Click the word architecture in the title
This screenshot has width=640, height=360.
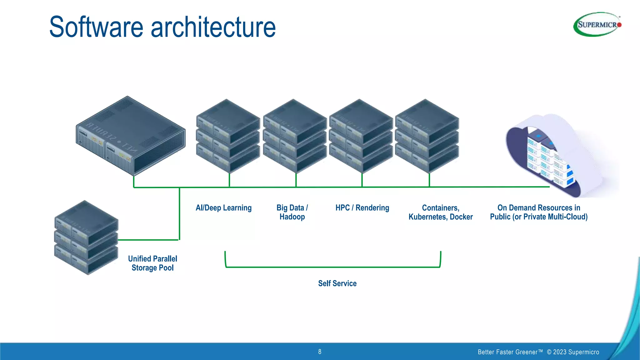coord(213,27)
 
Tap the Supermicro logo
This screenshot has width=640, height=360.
coord(597,24)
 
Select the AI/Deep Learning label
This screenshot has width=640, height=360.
coord(223,208)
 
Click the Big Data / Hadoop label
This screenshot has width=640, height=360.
coord(292,212)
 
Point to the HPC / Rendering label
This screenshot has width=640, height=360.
coord(362,208)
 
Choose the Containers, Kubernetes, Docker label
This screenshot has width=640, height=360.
coord(440,212)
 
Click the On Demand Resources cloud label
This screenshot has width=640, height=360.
coord(539,212)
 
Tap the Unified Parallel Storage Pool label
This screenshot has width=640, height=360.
coord(152,263)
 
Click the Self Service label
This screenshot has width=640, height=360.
coord(337,283)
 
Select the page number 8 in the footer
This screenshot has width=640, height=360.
coord(320,352)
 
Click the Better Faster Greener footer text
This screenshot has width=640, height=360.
coord(510,352)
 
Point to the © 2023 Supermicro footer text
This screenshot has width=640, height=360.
coord(573,352)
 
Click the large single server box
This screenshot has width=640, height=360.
coord(131,136)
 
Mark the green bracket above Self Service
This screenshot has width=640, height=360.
coord(333,267)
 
